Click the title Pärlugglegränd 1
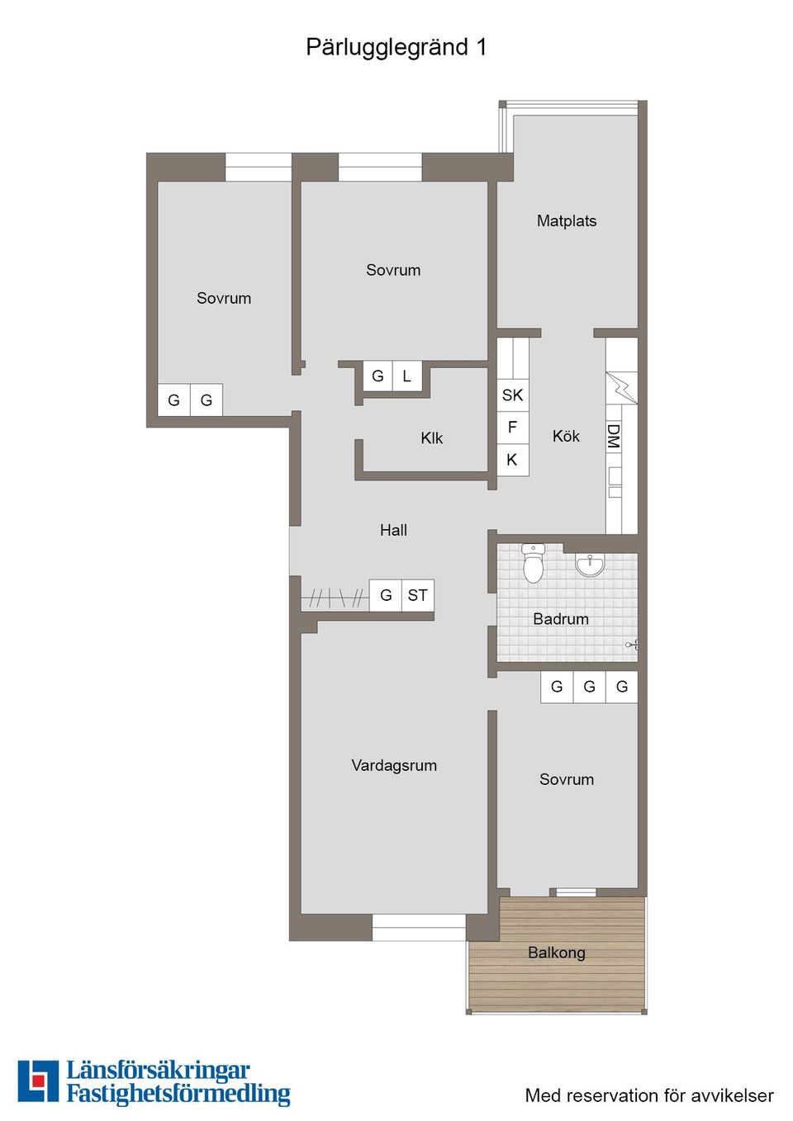coord(396,47)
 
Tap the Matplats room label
coord(566,220)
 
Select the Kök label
coord(566,436)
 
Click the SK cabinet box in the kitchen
coord(512,395)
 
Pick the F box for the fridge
coord(512,427)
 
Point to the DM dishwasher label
coord(613,436)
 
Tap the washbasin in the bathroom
coord(590,565)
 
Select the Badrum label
coord(561,618)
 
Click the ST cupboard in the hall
coord(418,594)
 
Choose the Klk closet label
coord(431,438)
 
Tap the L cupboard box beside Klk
coord(406,376)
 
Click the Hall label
coord(393,530)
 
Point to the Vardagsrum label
coord(394,765)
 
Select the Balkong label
coord(556,952)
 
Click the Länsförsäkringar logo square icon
coord(38,1081)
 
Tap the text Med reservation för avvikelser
coord(649,1095)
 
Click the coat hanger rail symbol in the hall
coord(335,597)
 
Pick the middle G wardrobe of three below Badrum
coord(589,686)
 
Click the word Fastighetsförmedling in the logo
coord(178,1094)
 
